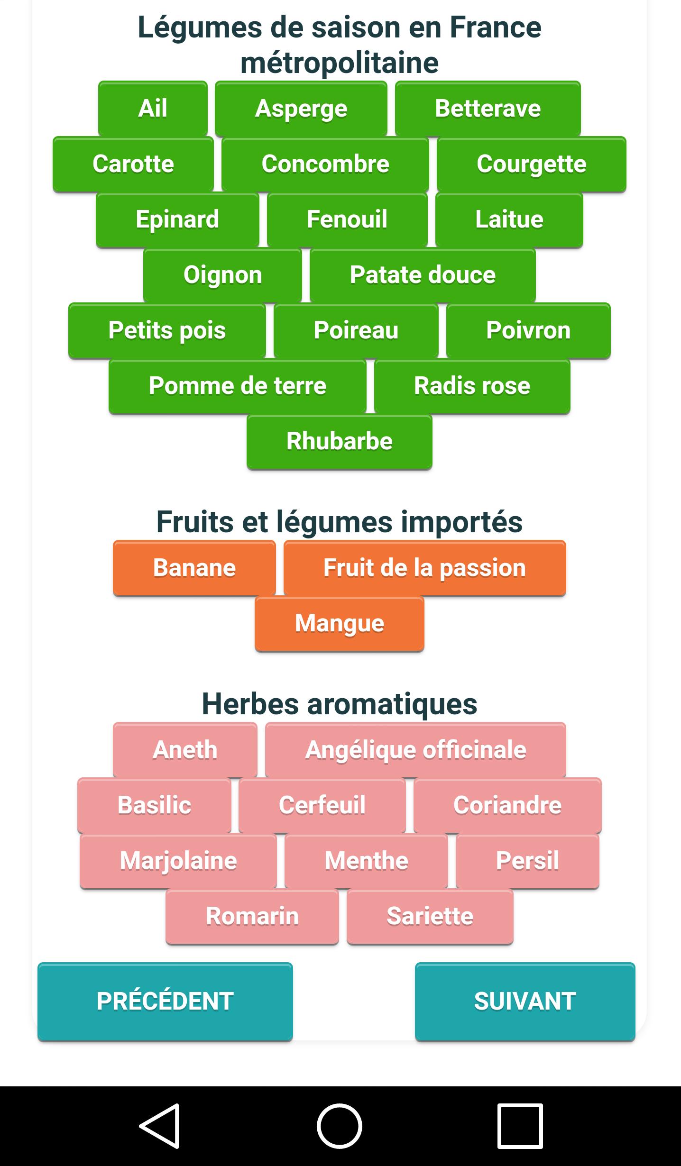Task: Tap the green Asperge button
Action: point(301,109)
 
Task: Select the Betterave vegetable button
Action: point(488,109)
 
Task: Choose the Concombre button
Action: point(325,164)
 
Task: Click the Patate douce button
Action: point(423,275)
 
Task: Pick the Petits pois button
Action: point(167,330)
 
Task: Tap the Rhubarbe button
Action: point(340,441)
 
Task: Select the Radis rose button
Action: point(472,386)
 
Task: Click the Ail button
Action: point(153,109)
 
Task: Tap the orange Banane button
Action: point(194,568)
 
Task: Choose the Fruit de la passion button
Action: point(424,568)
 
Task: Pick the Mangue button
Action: point(340,623)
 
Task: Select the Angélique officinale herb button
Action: point(415,750)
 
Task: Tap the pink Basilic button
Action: point(154,805)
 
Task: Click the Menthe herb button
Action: point(366,861)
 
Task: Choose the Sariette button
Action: point(430,916)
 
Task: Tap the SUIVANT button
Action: point(525,1002)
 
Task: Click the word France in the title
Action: point(495,27)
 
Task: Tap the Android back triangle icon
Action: point(159,1126)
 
